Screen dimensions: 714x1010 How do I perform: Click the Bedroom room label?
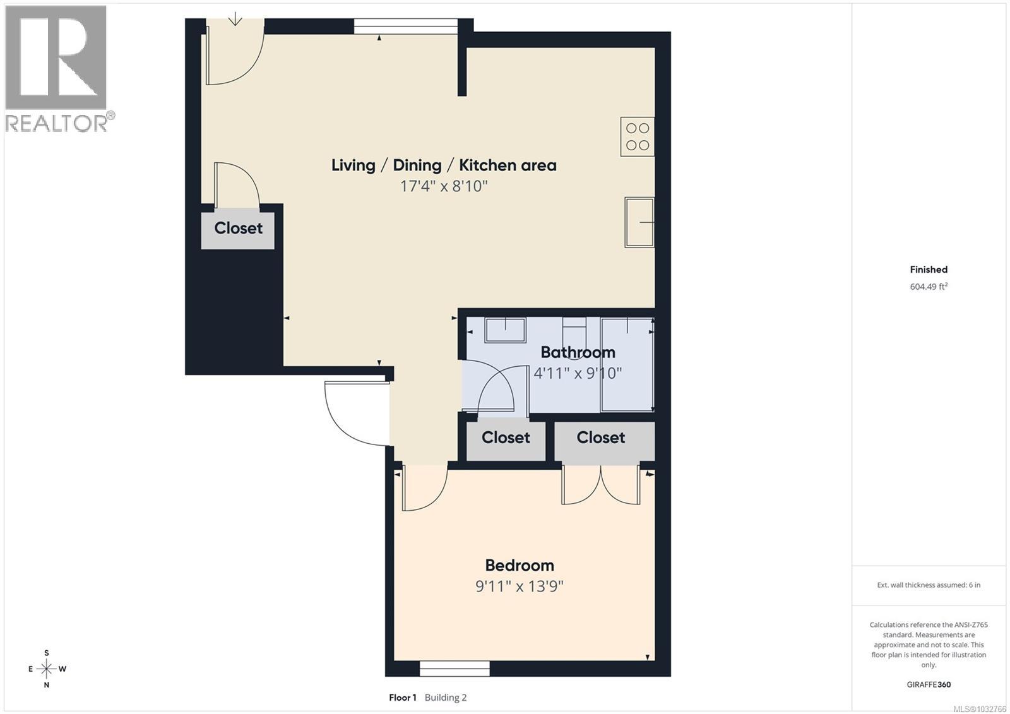(519, 565)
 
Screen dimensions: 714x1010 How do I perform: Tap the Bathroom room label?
(578, 352)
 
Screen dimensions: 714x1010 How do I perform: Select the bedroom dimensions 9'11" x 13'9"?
(519, 586)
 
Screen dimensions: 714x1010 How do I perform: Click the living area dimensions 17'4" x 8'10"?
(444, 186)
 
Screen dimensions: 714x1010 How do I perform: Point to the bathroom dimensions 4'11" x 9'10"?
(578, 373)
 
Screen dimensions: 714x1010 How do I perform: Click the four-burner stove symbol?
(637, 136)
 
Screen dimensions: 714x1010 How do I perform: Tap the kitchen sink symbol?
(639, 222)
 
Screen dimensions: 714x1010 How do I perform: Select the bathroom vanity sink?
(505, 330)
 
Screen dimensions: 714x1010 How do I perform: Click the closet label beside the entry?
(238, 228)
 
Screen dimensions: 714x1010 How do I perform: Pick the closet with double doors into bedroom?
(600, 437)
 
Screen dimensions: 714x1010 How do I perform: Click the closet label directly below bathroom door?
(506, 437)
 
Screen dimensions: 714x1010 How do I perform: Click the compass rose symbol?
(46, 669)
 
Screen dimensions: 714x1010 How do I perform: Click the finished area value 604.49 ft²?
(929, 287)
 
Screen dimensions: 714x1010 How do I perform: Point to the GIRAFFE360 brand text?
(929, 684)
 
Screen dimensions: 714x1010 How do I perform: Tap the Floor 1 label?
(403, 698)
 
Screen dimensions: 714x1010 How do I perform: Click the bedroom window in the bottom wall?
(454, 668)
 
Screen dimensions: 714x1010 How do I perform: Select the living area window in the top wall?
(405, 26)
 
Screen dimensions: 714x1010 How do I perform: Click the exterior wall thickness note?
(929, 585)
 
